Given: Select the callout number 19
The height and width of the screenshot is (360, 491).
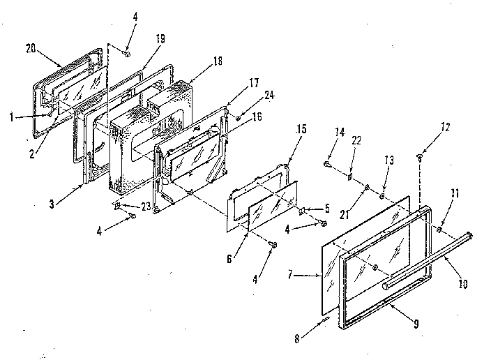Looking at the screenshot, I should tap(160, 38).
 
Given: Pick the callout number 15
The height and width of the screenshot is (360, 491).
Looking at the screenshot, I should tap(301, 130).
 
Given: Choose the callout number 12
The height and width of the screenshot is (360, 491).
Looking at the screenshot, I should tap(426, 128).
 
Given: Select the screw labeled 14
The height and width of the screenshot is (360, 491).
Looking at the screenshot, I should tap(327, 165).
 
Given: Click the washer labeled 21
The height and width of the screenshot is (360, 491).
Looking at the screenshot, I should tap(367, 188).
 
